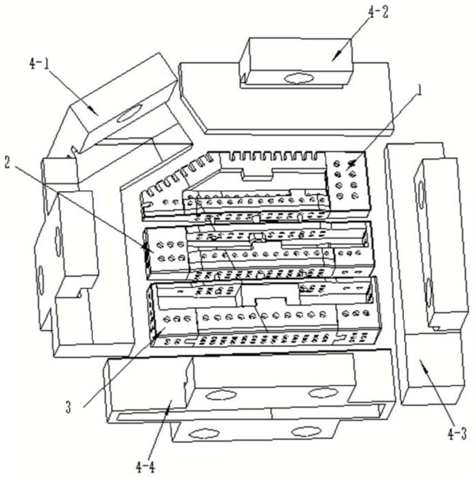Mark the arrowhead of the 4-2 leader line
point(333,59)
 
